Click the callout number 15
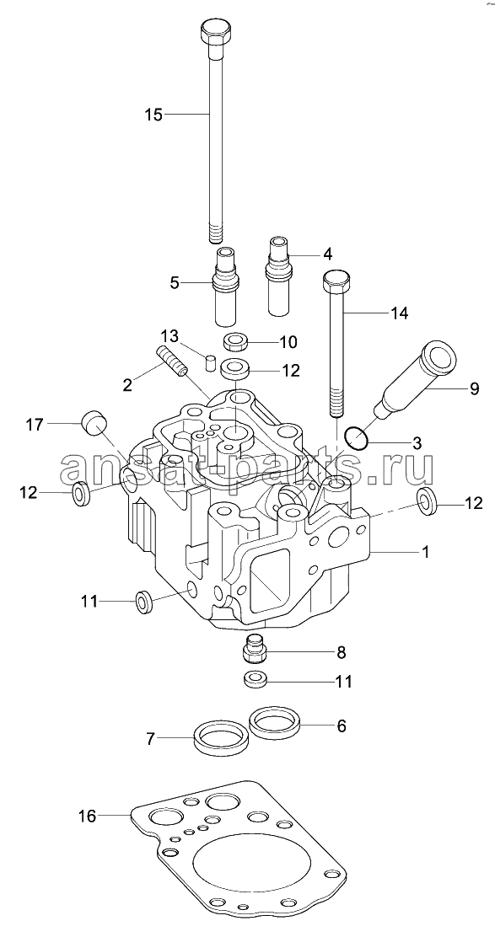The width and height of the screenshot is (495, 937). coord(153,114)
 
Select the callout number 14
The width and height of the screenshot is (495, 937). coord(399,313)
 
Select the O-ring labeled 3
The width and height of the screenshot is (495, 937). coord(356,439)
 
